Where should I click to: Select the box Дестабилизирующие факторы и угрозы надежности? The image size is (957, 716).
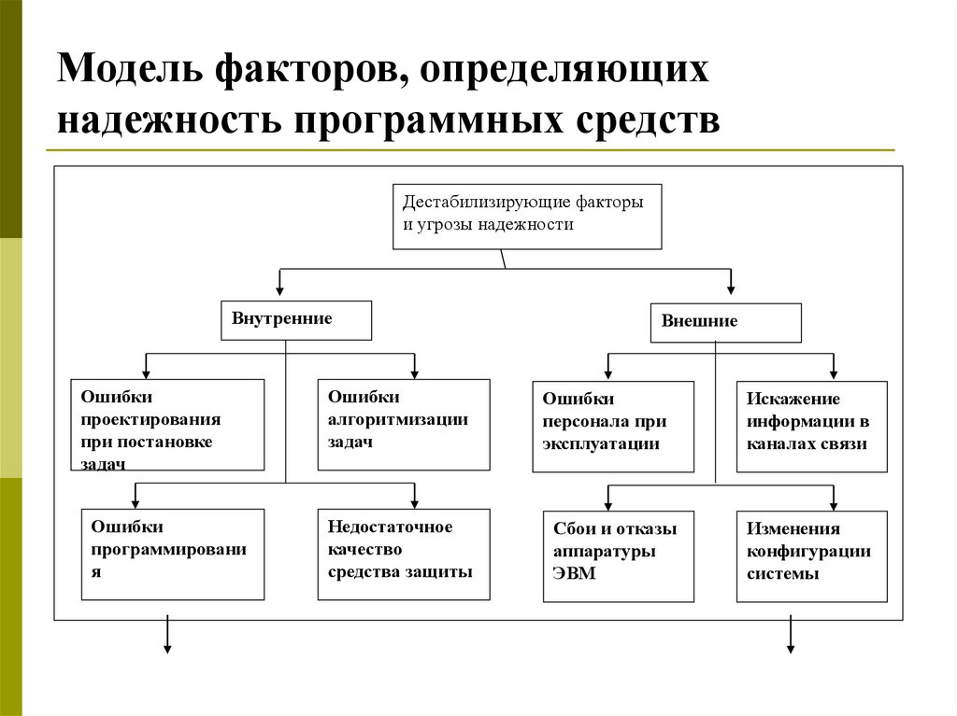point(526,217)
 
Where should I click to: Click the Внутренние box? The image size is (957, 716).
point(295,319)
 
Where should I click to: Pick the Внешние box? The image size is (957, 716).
point(725,323)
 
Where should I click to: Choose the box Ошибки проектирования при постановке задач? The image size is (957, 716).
point(167,424)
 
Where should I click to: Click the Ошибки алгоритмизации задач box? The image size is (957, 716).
point(403,424)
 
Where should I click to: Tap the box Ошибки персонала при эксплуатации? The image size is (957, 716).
point(613,426)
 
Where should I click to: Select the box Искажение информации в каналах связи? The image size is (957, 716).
point(811,426)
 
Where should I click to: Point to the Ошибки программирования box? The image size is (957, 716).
point(173,554)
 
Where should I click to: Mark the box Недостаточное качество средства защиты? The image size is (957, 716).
point(403,554)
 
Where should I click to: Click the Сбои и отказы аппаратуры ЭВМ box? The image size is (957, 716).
point(619,555)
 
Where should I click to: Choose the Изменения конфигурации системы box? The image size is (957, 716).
point(811,555)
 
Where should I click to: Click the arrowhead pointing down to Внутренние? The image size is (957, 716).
point(279,290)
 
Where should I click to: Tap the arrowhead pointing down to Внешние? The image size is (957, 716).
point(731,290)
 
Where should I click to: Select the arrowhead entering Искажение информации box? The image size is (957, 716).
point(835,372)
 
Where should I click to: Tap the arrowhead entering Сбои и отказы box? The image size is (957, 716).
point(608,501)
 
